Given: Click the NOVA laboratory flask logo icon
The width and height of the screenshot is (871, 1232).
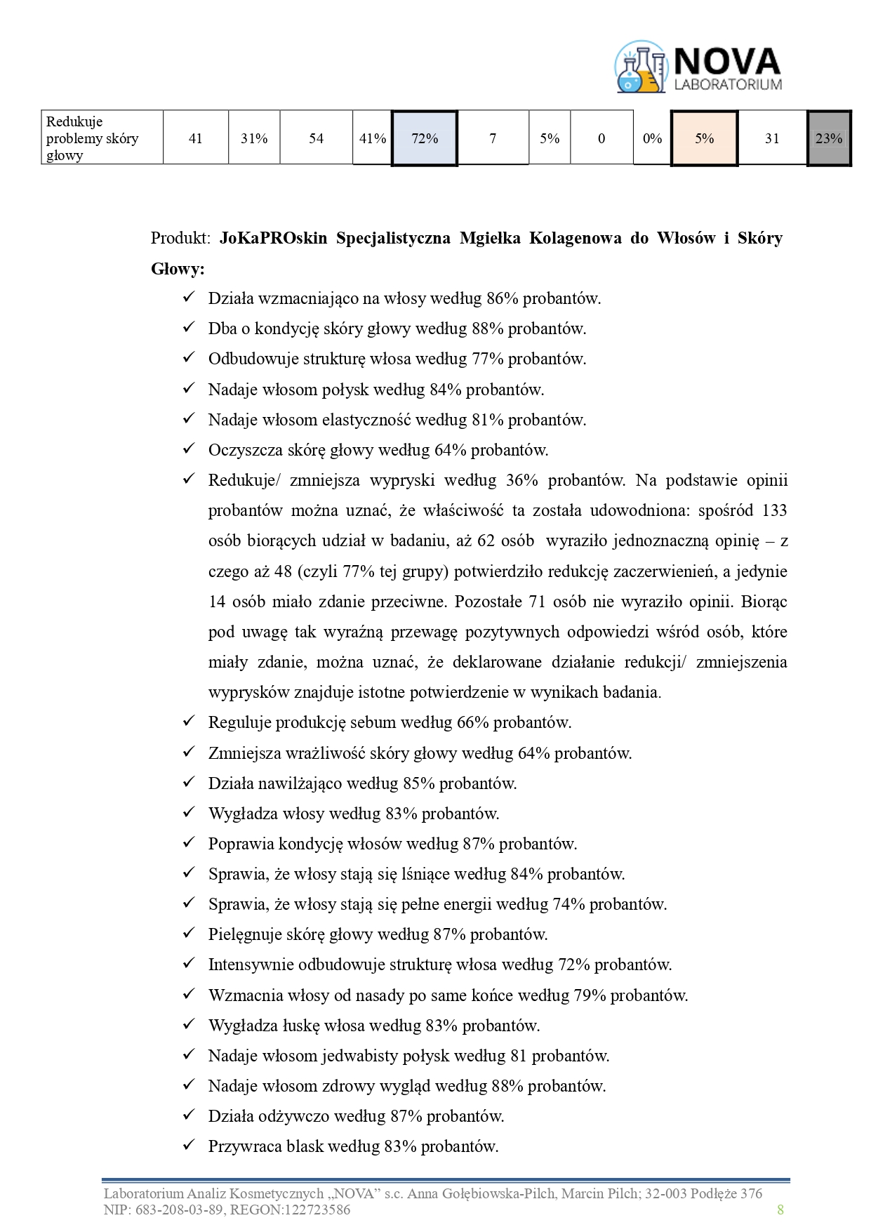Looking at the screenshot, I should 640,67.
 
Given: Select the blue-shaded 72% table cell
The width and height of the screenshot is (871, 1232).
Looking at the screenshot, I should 425,138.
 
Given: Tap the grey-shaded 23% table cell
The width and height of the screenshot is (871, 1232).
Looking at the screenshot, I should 829,138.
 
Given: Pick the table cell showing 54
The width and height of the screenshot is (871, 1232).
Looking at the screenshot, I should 316,138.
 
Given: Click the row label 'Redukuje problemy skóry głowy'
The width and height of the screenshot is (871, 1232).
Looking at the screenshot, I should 92,138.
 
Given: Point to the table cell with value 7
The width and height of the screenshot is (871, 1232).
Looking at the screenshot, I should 493,138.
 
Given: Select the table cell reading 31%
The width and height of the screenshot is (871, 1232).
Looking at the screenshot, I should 254,138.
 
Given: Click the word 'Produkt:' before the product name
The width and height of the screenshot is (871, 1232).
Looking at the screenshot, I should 180,239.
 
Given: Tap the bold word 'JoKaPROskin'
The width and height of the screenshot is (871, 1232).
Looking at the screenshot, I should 273,239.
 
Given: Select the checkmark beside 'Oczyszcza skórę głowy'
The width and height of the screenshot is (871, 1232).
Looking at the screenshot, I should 188,449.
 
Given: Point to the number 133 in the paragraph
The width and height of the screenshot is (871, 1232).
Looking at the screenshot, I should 774,510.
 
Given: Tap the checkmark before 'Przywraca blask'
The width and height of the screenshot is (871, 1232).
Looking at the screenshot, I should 188,1146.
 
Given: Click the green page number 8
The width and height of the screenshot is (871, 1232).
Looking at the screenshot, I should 780,1210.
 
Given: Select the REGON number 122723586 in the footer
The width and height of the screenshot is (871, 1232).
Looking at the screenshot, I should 318,1210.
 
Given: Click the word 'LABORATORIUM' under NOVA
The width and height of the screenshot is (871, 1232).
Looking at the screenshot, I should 728,84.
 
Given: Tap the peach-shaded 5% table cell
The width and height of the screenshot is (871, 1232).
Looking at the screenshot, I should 704,138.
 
